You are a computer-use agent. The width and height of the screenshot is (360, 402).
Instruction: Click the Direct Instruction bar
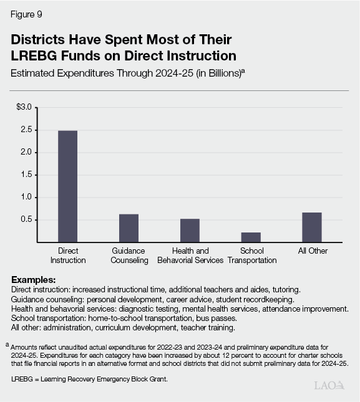(x=68, y=186)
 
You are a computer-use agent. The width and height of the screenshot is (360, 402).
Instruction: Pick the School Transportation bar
(x=251, y=237)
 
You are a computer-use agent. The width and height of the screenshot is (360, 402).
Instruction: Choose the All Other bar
(x=312, y=227)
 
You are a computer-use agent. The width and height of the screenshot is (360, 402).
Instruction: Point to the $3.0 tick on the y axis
(x=24, y=107)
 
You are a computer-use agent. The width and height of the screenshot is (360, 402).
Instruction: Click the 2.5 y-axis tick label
(x=26, y=130)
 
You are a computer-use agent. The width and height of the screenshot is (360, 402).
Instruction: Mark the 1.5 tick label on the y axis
(x=26, y=175)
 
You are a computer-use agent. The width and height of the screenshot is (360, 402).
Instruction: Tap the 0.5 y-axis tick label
(x=26, y=220)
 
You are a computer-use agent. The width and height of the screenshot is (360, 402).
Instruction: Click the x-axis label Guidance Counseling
(x=129, y=256)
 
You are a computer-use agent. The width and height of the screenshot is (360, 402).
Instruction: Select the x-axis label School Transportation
(x=251, y=256)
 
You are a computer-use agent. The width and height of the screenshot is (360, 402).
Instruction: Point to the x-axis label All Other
(x=312, y=251)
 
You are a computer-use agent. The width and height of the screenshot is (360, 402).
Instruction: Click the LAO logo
(x=329, y=385)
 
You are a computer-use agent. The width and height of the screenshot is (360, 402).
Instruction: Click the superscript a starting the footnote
(x=7, y=344)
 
